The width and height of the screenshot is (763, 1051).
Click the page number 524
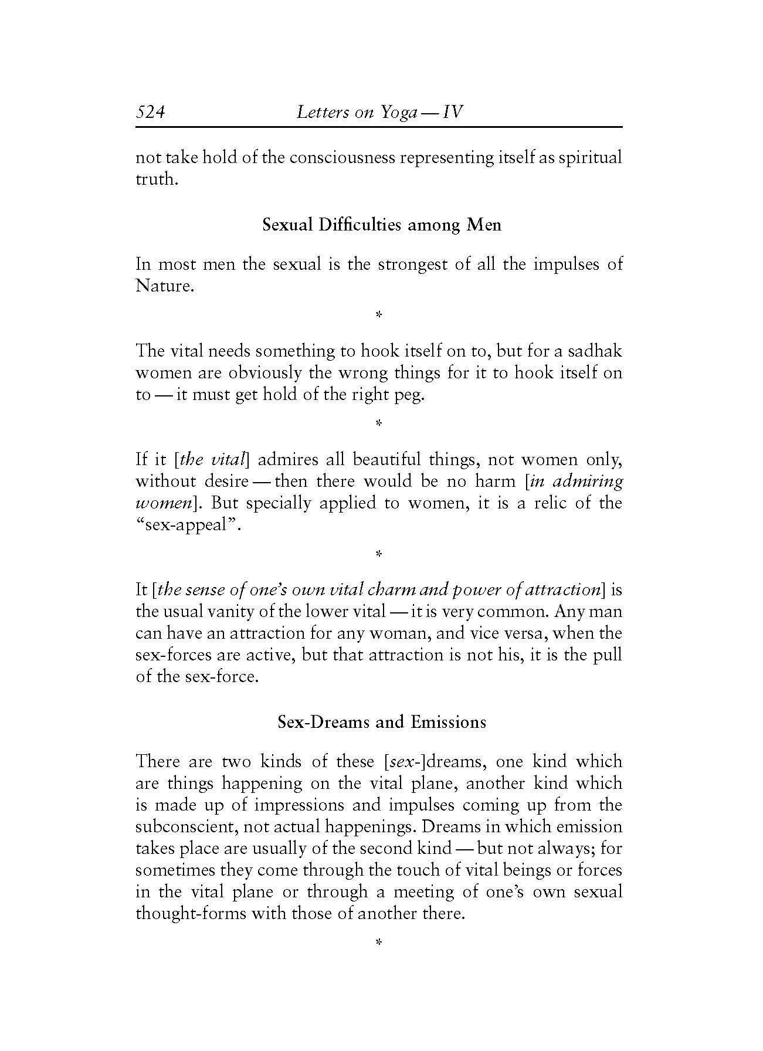point(150,112)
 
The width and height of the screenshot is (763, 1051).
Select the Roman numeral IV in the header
point(453,112)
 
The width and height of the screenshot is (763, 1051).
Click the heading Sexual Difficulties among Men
point(381,225)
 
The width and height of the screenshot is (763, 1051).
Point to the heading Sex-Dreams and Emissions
point(381,721)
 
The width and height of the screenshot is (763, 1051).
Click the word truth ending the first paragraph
point(155,179)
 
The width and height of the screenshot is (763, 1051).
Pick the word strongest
point(413,264)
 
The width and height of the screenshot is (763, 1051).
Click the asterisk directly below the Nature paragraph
point(378,316)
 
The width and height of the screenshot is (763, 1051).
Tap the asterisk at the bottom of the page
point(378,943)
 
